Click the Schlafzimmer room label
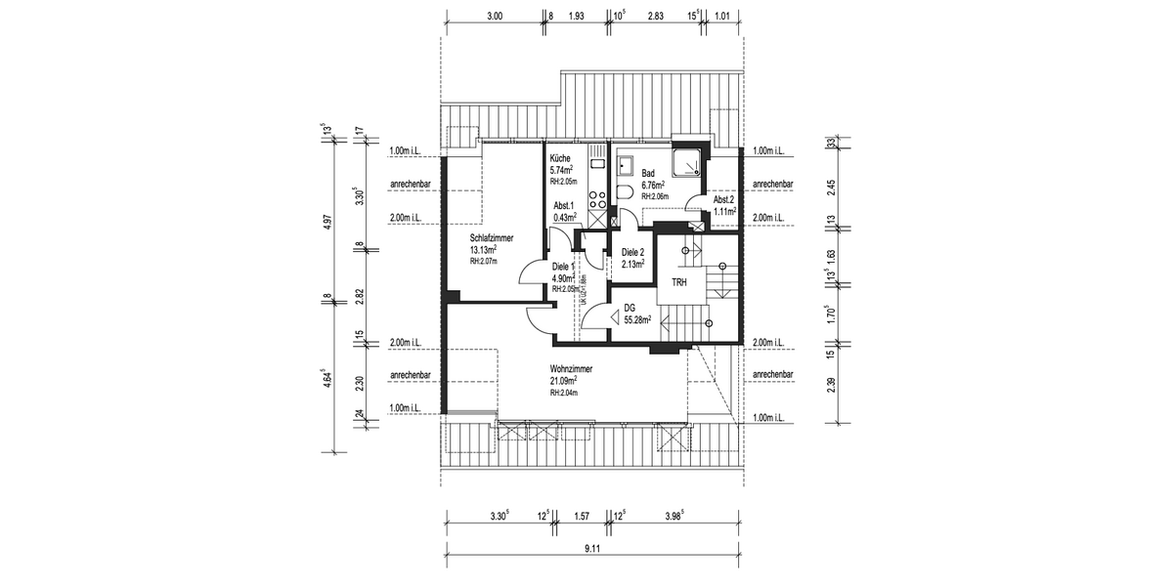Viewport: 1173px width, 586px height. click(x=492, y=238)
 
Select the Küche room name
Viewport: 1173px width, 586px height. click(x=560, y=158)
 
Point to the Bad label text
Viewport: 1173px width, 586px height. click(x=648, y=173)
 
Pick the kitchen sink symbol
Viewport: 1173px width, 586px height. click(x=595, y=156)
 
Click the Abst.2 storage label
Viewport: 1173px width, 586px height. click(x=723, y=199)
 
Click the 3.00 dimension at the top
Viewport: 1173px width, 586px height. click(x=494, y=17)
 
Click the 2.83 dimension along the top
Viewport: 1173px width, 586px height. click(x=656, y=17)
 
